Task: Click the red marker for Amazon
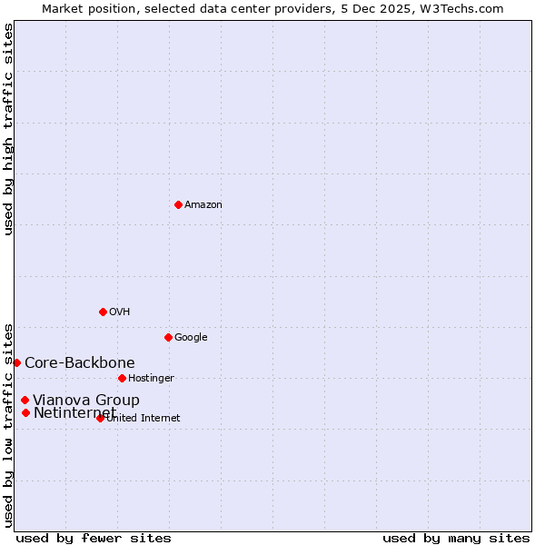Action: click(x=178, y=204)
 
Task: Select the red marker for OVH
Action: click(x=103, y=312)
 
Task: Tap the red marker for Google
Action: click(x=168, y=337)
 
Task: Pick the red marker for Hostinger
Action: click(x=122, y=378)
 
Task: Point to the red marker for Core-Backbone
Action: click(x=16, y=362)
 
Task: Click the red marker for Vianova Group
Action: click(x=25, y=400)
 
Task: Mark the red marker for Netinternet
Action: click(x=25, y=413)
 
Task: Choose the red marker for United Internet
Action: click(x=100, y=418)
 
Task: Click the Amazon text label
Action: click(x=203, y=205)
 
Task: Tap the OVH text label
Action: click(x=120, y=312)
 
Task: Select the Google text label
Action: click(x=191, y=338)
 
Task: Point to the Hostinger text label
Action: click(x=151, y=379)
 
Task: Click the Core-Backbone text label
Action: click(x=80, y=363)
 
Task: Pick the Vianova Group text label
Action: click(x=86, y=401)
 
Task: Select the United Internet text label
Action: click(x=144, y=419)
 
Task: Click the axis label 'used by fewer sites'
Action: click(x=94, y=538)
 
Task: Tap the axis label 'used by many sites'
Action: click(x=456, y=538)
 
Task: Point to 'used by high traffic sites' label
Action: click(x=8, y=130)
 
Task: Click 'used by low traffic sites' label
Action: click(x=8, y=424)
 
